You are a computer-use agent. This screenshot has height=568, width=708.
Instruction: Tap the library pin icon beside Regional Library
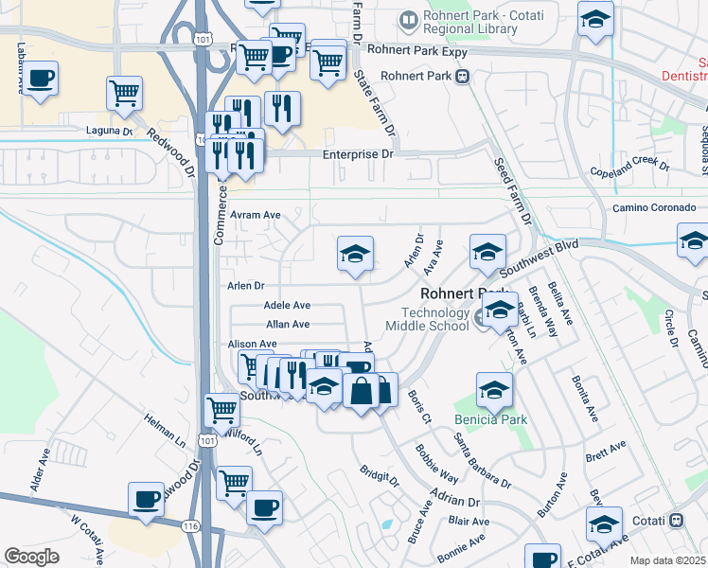[x=408, y=18]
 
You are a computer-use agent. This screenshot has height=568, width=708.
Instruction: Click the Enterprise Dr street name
[x=357, y=152]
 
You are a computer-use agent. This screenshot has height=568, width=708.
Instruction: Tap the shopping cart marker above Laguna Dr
[x=125, y=94]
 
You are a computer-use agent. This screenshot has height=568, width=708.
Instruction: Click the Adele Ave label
[x=287, y=306]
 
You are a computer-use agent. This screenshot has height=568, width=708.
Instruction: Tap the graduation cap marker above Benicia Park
[x=493, y=389]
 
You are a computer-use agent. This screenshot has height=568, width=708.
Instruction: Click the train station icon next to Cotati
[x=677, y=520]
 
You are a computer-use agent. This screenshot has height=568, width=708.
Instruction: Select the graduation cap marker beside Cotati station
[x=604, y=524]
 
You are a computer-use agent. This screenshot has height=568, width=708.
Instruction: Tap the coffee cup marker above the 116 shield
[x=148, y=500]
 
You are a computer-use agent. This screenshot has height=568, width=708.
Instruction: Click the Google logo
[x=32, y=556]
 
